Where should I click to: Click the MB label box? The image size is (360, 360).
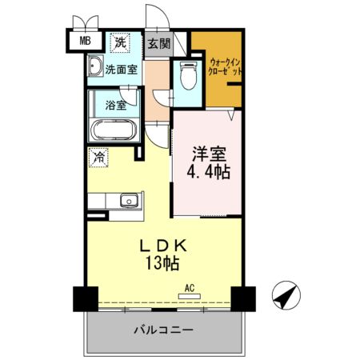tap(85, 40)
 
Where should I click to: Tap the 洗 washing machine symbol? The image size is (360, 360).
tap(119, 42)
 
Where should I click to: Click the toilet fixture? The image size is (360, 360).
tap(189, 76)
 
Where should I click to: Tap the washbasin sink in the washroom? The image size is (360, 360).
tap(94, 66)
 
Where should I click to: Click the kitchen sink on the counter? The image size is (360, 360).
tap(126, 200)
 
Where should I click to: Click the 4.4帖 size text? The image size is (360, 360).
tap(208, 172)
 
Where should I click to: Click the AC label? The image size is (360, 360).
tap(190, 287)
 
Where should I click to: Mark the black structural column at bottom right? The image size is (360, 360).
tap(243, 298)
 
